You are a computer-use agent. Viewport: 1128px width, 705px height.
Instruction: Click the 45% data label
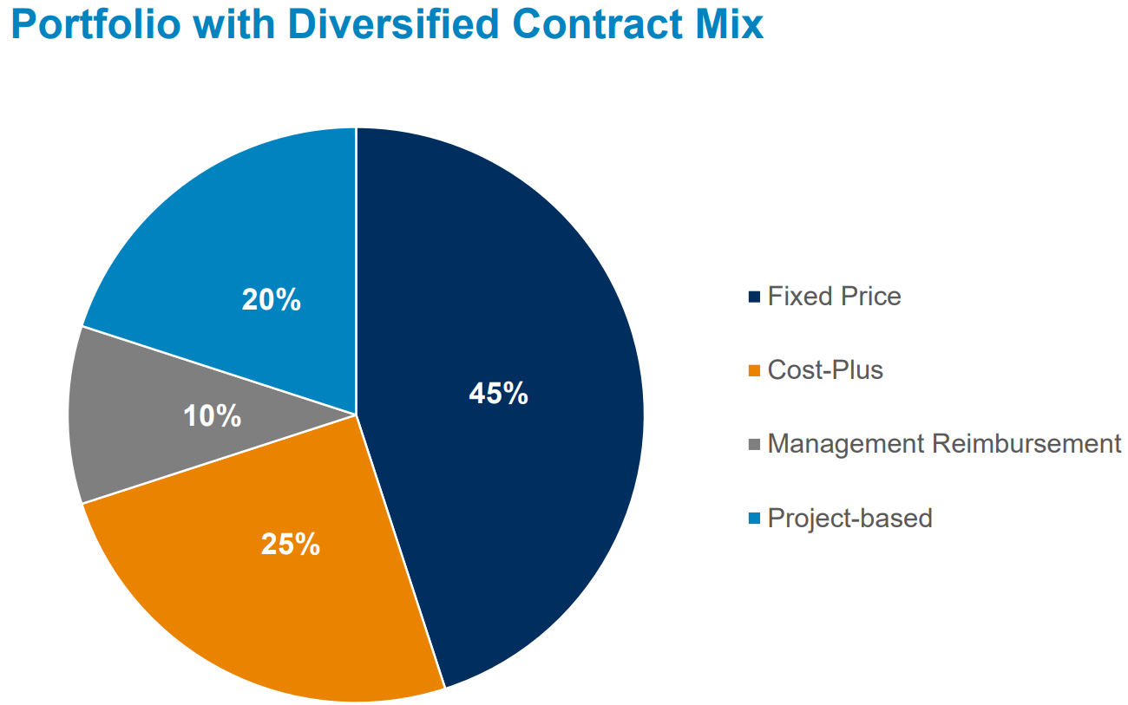tap(498, 394)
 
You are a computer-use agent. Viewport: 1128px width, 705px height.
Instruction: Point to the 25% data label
tap(291, 545)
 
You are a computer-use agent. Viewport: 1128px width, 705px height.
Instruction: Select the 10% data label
tap(212, 417)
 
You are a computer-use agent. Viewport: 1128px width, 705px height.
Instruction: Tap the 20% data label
tap(271, 300)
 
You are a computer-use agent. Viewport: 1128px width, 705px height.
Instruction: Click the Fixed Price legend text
tap(834, 297)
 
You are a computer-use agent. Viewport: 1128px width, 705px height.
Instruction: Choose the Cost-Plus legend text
tap(824, 370)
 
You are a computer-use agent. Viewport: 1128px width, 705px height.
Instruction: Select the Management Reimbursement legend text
tap(944, 444)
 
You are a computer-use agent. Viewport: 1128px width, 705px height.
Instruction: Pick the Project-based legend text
tap(849, 519)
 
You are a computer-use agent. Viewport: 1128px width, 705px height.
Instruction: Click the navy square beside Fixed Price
tap(753, 297)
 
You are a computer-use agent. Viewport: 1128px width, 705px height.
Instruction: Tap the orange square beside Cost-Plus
tap(753, 371)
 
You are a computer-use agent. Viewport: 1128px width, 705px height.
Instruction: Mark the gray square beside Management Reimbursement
tap(753, 445)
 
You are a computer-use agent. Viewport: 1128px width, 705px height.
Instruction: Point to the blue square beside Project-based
tap(753, 519)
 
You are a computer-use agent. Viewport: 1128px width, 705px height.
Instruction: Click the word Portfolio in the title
tap(96, 23)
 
